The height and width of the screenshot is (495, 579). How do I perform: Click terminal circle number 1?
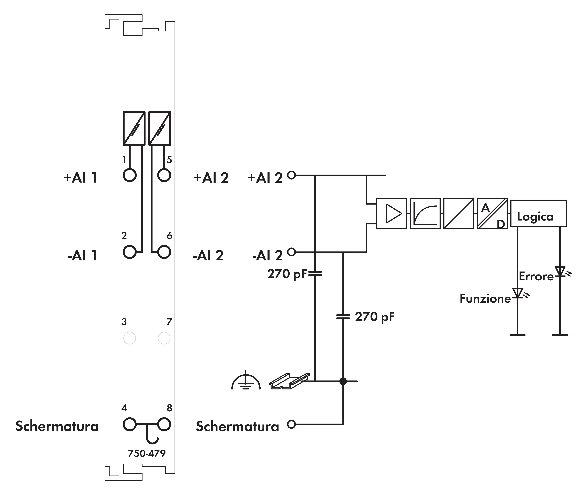click(x=130, y=175)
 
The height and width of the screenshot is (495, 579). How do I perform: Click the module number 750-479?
click(x=147, y=453)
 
